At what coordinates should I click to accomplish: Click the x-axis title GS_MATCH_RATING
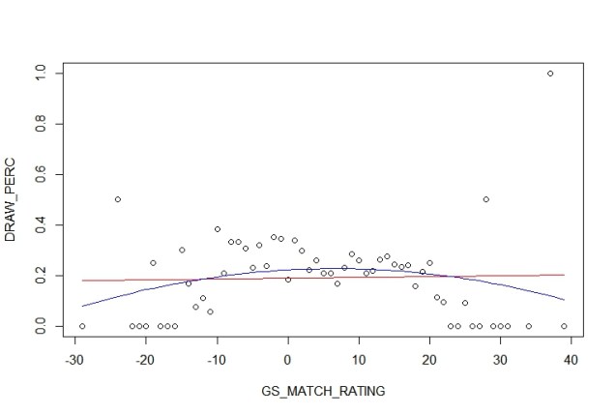pos(321,391)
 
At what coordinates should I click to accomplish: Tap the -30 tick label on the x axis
pos(74,361)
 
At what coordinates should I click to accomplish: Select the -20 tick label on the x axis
pos(145,361)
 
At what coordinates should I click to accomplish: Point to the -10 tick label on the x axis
pos(216,361)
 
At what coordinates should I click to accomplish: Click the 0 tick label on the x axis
pos(288,361)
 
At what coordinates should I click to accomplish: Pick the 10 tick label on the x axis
pos(359,361)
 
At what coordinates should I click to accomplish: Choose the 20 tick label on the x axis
pos(429,361)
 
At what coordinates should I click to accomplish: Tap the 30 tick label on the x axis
pos(500,361)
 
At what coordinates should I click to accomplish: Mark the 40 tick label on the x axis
pos(571,361)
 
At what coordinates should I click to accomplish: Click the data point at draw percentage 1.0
pos(550,74)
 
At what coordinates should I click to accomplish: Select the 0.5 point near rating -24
pos(118,199)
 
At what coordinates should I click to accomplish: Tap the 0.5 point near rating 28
pos(485,199)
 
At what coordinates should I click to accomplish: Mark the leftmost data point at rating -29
pos(82,326)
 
